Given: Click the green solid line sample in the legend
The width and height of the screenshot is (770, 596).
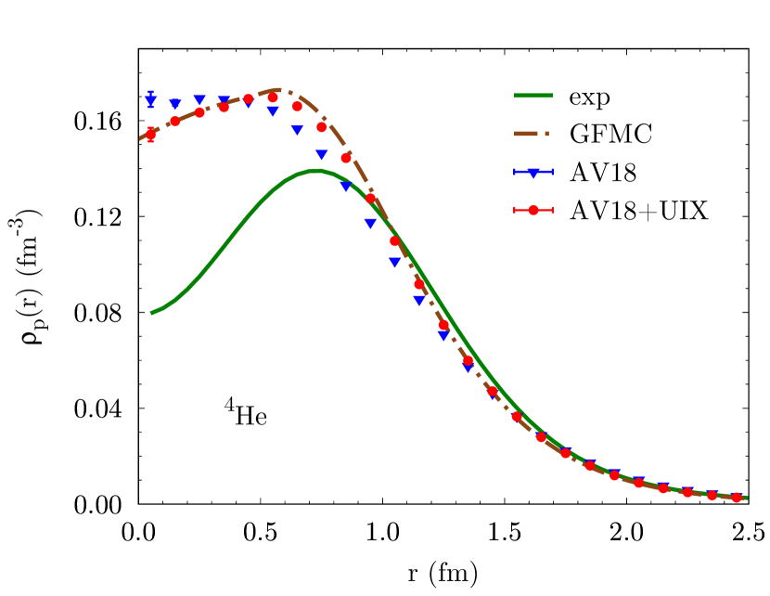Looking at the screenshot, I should coord(533,96).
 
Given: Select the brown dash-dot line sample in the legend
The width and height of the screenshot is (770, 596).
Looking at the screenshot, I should coord(532,134).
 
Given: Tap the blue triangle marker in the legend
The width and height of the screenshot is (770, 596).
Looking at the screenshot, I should coord(533,173).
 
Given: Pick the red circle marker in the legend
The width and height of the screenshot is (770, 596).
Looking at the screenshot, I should coord(533,210).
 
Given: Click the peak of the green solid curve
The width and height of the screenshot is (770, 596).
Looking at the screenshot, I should coord(315,171).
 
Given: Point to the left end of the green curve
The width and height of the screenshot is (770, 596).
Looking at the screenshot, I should coord(152,313).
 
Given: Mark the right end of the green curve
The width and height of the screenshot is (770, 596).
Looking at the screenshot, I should coord(746,498).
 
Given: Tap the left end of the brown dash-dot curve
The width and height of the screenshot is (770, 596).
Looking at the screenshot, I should coord(141,139).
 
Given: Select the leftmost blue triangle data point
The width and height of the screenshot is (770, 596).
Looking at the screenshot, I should coord(150,101).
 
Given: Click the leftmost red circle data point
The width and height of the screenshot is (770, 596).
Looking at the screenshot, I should coord(150,134).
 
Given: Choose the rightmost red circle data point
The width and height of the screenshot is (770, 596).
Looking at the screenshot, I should coord(737,498).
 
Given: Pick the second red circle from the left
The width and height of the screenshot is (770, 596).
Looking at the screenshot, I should coord(174,121).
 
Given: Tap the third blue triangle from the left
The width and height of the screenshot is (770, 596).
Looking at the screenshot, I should coord(199,99).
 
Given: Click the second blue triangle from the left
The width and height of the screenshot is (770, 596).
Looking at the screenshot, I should coord(175,104).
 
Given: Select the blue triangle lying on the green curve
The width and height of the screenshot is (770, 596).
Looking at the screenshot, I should coord(346,187).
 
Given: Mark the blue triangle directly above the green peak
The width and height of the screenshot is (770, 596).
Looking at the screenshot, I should coord(321,155).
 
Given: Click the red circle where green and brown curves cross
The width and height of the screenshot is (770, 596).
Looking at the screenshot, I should coord(394,240).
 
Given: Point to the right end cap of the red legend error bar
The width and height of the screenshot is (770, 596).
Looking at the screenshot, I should coord(553,210).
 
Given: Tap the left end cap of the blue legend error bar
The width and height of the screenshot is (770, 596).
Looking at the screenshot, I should coord(515,172).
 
